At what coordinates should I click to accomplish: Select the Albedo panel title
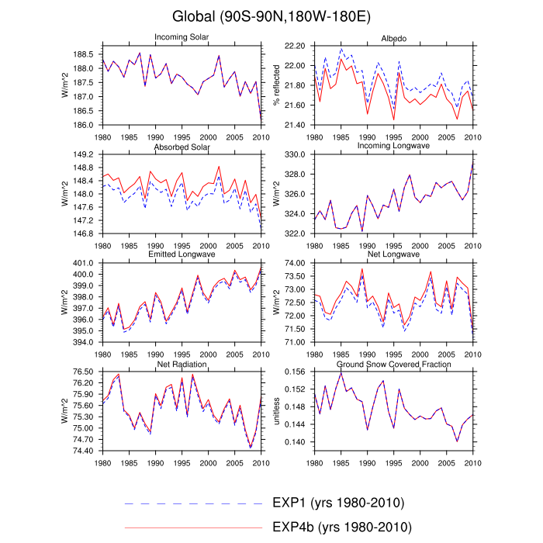pyautogui.click(x=393, y=38)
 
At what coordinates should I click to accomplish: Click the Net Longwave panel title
pyautogui.click(x=393, y=254)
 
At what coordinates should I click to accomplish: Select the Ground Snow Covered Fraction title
pyautogui.click(x=393, y=363)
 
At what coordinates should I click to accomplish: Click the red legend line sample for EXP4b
pyautogui.click(x=194, y=527)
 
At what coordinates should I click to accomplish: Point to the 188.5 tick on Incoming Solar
pyautogui.click(x=84, y=54)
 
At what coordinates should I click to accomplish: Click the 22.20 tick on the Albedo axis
pyautogui.click(x=295, y=47)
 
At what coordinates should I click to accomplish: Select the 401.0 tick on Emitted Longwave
pyautogui.click(x=84, y=264)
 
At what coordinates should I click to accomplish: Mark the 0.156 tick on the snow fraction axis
pyautogui.click(x=295, y=372)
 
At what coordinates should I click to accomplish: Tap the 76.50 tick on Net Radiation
pyautogui.click(x=82, y=372)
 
